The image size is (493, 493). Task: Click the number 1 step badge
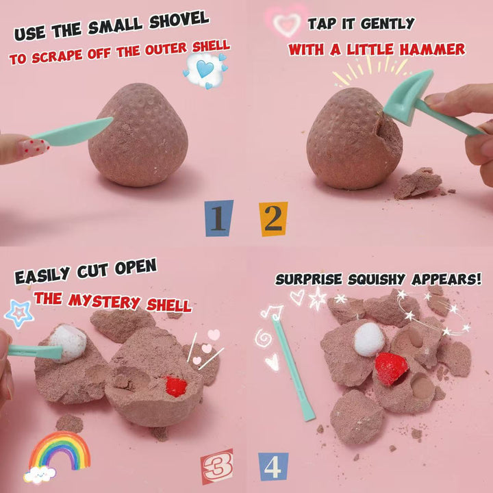coord(219,218)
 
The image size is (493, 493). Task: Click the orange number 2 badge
coord(273,219)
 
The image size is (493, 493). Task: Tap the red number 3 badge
coord(217,466)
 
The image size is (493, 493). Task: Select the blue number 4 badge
coord(273,466)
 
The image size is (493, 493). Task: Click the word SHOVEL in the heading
coord(179,21)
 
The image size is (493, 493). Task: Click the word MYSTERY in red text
coord(104,301)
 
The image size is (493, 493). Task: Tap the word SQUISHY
coord(376,279)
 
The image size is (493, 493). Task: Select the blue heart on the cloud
coord(205,68)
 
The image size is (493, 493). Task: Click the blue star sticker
coord(19,314)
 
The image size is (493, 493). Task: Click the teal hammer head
coord(409,96)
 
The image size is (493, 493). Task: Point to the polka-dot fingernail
coord(34,148)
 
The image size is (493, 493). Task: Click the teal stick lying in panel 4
coord(293,367)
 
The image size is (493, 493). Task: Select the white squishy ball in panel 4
coord(370,339)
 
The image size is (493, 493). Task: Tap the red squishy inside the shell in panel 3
coord(175,385)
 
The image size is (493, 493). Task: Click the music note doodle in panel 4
coord(272,312)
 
